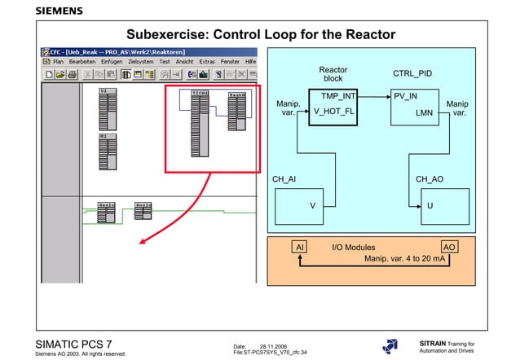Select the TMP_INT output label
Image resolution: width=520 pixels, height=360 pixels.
point(338,96)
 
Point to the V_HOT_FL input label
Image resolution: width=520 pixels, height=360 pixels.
point(334,112)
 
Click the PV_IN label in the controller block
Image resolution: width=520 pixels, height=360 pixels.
point(407,96)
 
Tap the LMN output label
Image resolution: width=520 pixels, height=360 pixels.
point(424,112)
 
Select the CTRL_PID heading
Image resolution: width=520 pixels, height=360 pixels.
point(412,74)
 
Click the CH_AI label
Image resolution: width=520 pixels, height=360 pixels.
point(284,178)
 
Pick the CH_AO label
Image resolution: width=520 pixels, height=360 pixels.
point(429,178)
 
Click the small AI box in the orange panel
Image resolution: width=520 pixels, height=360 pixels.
point(300,246)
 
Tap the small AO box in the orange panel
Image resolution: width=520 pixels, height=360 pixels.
point(448,246)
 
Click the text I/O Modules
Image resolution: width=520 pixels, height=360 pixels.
point(354,246)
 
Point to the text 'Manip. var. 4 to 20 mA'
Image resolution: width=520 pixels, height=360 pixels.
point(404,258)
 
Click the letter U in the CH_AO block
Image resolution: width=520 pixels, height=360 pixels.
point(430,206)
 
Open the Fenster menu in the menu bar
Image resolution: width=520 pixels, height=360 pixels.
point(230,61)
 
